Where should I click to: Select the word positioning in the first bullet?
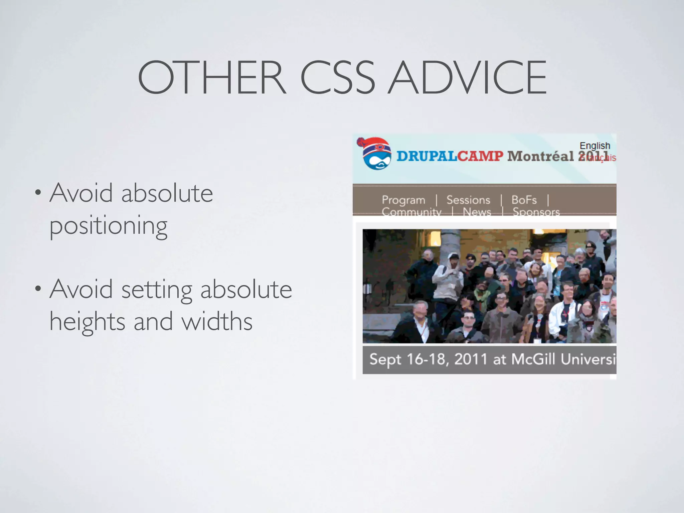click(109, 226)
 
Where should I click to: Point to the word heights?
click(88, 322)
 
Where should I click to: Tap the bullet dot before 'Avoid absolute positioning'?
click(38, 193)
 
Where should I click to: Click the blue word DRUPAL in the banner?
click(426, 156)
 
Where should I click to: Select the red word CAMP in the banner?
click(480, 156)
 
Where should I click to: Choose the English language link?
click(594, 146)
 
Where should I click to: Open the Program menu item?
click(403, 200)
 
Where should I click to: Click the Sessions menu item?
click(468, 200)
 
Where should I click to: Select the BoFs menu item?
click(524, 200)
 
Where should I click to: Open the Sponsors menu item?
click(536, 212)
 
